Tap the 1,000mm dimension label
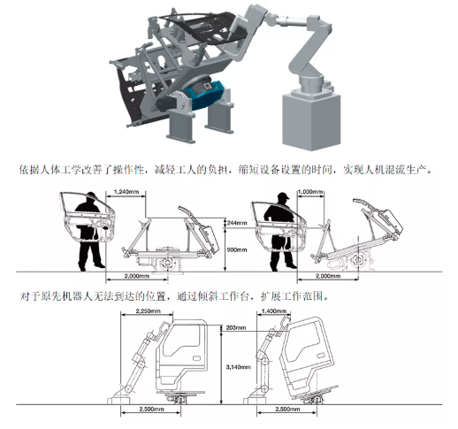[x=310, y=192]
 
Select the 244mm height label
[x=237, y=223]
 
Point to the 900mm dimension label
[x=237, y=249]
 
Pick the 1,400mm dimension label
[x=274, y=310]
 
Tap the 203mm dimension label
[x=236, y=327]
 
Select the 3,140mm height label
[x=238, y=367]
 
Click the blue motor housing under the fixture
[x=203, y=94]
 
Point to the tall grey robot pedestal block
[x=311, y=121]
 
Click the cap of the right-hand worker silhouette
[x=283, y=196]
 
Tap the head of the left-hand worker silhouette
[x=92, y=197]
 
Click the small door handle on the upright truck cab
[x=195, y=358]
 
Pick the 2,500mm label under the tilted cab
[x=287, y=409]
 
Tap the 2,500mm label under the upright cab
[x=151, y=409]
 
